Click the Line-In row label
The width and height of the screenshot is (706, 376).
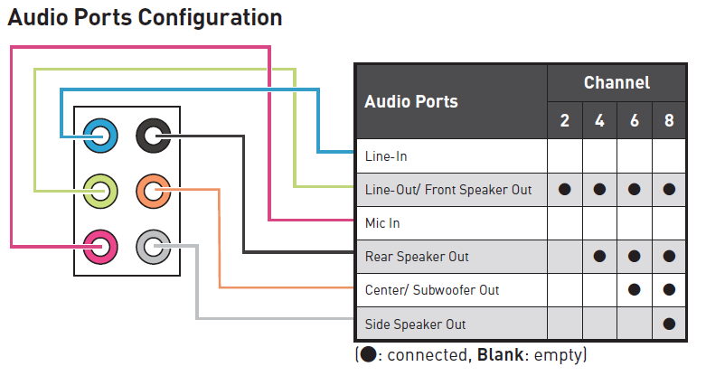click(386, 156)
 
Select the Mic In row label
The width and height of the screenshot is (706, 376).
click(382, 223)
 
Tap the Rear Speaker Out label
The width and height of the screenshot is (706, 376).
click(417, 257)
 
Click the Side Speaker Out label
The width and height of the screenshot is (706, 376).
click(415, 324)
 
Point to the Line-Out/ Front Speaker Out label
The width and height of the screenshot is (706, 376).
click(448, 190)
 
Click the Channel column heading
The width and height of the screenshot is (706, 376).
click(617, 83)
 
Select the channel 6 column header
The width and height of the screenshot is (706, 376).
click(635, 121)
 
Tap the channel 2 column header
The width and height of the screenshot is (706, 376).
click(565, 121)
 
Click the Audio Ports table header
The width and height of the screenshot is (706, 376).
click(411, 101)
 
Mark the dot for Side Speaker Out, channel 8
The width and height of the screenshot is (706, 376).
click(669, 324)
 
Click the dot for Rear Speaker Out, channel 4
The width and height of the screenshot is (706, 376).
click(599, 257)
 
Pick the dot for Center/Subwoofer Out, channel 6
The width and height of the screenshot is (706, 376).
click(635, 290)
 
